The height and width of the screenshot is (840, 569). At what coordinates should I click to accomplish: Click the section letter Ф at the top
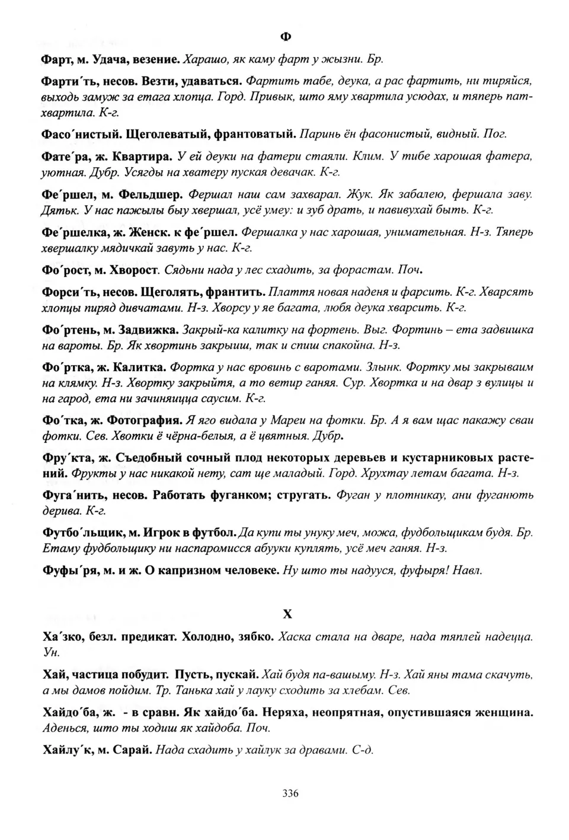point(285,37)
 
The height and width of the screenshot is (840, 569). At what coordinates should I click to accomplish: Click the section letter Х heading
point(287,614)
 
